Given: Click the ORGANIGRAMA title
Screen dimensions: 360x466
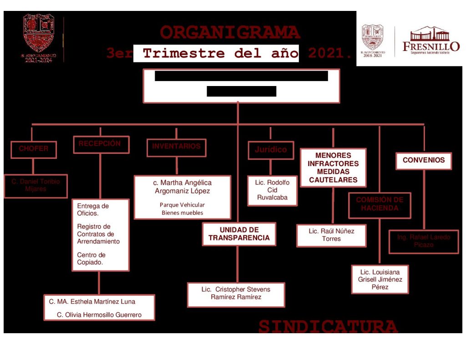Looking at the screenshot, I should (x=230, y=33).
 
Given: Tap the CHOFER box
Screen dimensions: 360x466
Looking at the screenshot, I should (x=34, y=149).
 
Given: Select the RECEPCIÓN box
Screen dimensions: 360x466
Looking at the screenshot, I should (x=100, y=144).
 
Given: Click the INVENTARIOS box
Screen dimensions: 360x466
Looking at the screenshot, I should (x=176, y=147).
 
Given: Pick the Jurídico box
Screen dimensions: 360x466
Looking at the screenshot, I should (x=271, y=150).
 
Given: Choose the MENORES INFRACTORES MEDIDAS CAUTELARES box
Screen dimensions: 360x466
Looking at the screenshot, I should (x=333, y=167).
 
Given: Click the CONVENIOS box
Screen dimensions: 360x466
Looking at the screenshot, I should (x=423, y=160).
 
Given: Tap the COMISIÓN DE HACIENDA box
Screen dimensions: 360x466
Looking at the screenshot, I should (x=380, y=204).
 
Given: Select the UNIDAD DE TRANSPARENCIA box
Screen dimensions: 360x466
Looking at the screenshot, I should (x=239, y=234).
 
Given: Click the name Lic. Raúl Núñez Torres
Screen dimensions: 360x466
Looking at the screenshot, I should (x=331, y=235).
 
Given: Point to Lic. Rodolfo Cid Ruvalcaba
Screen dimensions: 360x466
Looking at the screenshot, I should (x=272, y=190).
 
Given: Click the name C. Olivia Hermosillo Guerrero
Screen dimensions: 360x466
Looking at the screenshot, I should (x=99, y=314).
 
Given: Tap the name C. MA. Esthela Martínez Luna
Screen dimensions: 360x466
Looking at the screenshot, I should (x=92, y=301).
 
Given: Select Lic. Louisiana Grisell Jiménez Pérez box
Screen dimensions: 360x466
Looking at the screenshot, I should (x=380, y=279).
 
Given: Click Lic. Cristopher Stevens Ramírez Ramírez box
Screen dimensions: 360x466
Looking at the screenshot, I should (x=236, y=294).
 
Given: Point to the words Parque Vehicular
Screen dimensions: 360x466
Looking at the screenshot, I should (x=182, y=205).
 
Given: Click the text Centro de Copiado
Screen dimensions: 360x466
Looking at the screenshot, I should (x=91, y=259).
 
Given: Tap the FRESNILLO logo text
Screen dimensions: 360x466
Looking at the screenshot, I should (x=431, y=46).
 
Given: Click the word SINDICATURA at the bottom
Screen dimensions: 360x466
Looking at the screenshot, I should (x=328, y=326).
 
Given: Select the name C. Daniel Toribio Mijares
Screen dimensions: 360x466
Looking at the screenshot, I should (x=35, y=185).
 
